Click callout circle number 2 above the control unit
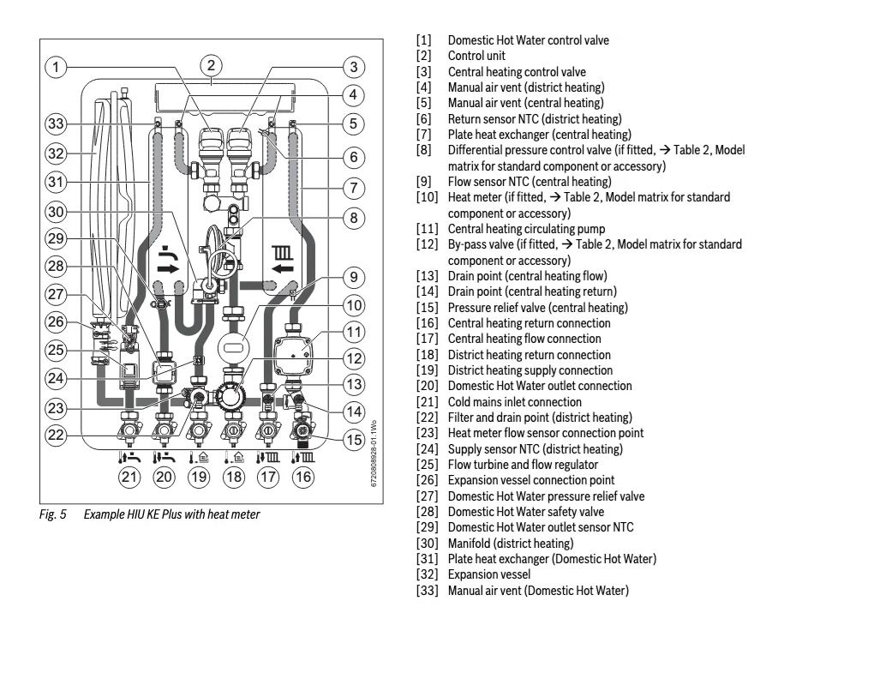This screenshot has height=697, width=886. [212, 65]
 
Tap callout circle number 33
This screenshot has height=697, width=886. [56, 123]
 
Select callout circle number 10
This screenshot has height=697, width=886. [354, 306]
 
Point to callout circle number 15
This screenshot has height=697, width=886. [354, 440]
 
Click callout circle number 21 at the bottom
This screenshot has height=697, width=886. [129, 478]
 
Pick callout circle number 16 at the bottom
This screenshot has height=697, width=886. [302, 478]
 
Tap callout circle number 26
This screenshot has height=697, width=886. [56, 322]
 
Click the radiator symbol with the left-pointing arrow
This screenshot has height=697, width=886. [283, 260]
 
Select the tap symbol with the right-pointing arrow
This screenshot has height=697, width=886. [167, 260]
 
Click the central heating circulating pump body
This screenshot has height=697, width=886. [293, 356]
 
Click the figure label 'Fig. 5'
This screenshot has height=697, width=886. [52, 514]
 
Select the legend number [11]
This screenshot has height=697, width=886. [428, 229]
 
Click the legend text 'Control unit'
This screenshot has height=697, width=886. [476, 56]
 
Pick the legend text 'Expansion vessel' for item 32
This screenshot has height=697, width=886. [489, 574]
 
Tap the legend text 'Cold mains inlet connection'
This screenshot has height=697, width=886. [515, 402]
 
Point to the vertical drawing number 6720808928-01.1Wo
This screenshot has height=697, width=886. [374, 454]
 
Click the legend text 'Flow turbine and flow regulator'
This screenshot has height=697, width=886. [524, 465]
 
